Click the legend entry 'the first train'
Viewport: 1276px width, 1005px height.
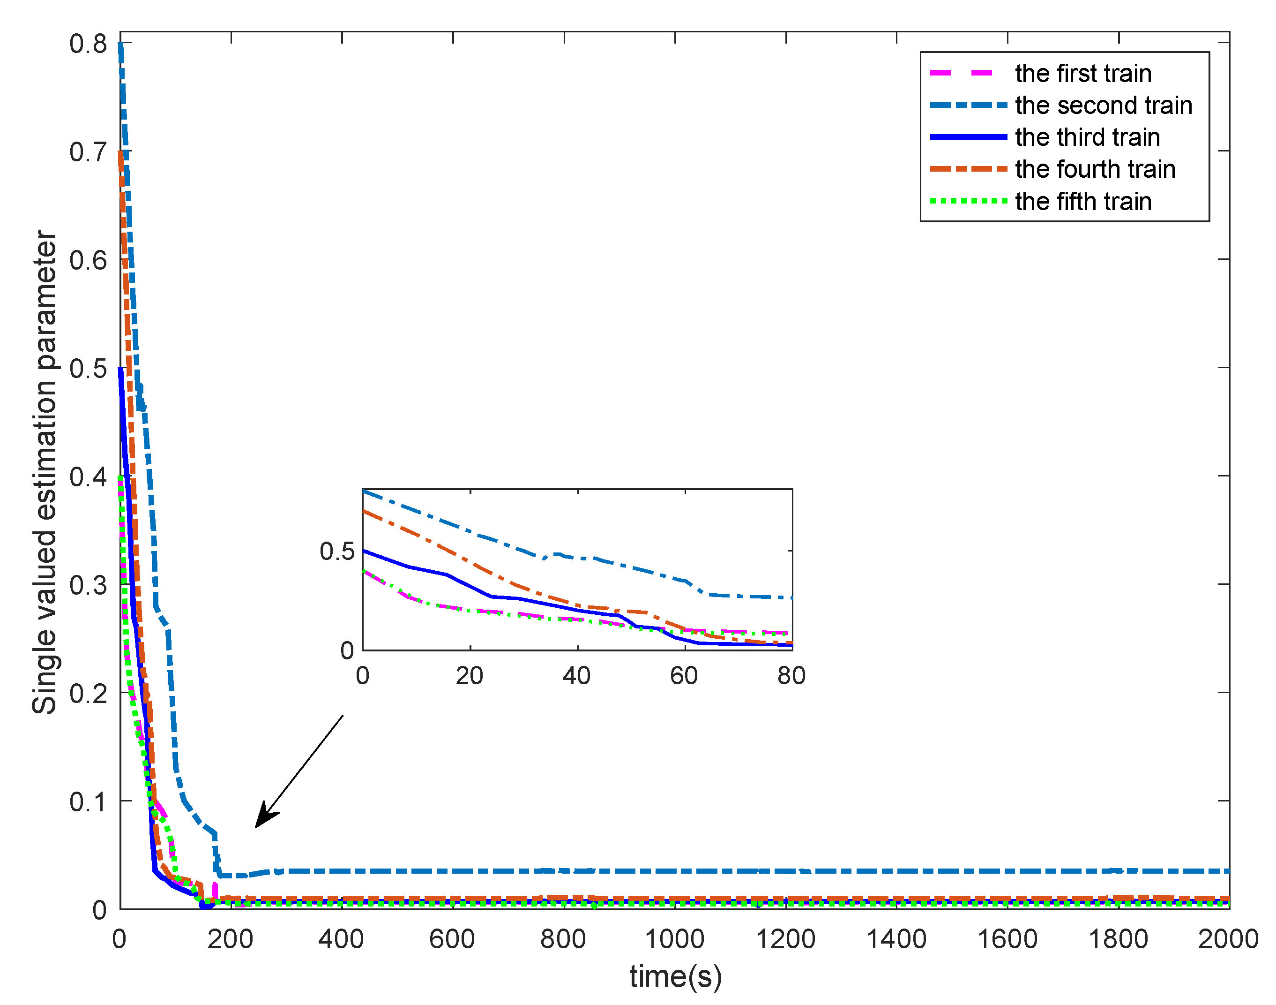coord(1082,74)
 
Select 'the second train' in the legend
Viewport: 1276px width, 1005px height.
coord(1103,106)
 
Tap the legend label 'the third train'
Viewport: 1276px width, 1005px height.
coord(1087,137)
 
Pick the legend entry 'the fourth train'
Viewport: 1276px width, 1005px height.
coord(1095,169)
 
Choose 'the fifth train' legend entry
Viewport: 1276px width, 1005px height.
coord(1082,201)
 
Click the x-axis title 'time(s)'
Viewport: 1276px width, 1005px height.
coord(675,976)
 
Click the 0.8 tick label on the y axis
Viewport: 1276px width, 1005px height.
coord(88,44)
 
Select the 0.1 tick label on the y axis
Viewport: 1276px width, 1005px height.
coord(88,802)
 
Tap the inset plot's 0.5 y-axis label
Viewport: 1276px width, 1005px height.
coord(337,552)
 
